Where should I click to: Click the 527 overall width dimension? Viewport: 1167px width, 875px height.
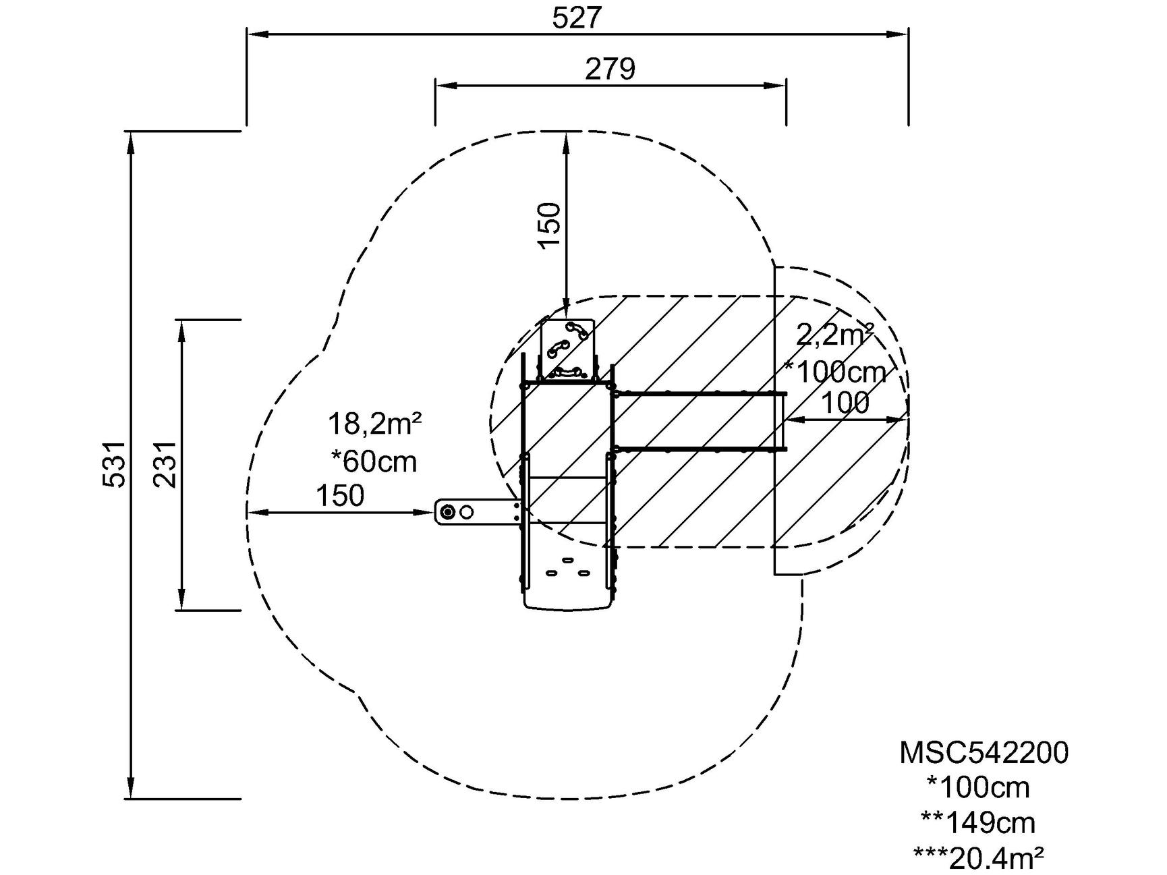575,18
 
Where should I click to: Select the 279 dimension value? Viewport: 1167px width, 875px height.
610,69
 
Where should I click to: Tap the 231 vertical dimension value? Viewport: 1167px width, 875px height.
165,464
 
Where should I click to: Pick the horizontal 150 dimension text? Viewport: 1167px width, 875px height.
340,496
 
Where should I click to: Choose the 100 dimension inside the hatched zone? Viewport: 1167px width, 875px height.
845,403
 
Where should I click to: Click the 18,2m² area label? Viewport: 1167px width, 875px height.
375,424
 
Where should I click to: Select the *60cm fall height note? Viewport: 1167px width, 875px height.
374,461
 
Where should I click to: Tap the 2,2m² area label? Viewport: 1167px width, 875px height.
835,334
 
